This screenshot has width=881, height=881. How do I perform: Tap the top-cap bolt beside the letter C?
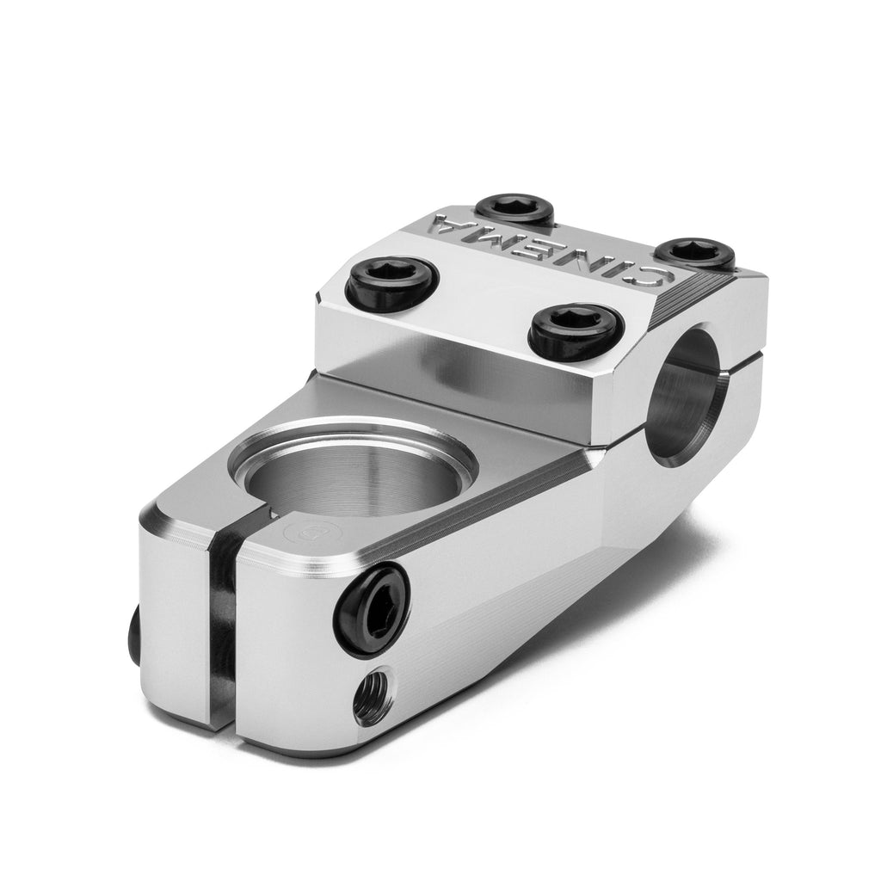[696, 251]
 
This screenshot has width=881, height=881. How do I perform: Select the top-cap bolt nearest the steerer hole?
[392, 282]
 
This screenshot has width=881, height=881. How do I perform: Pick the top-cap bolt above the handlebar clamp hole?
[571, 330]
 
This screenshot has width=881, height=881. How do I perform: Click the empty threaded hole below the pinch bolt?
[373, 697]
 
